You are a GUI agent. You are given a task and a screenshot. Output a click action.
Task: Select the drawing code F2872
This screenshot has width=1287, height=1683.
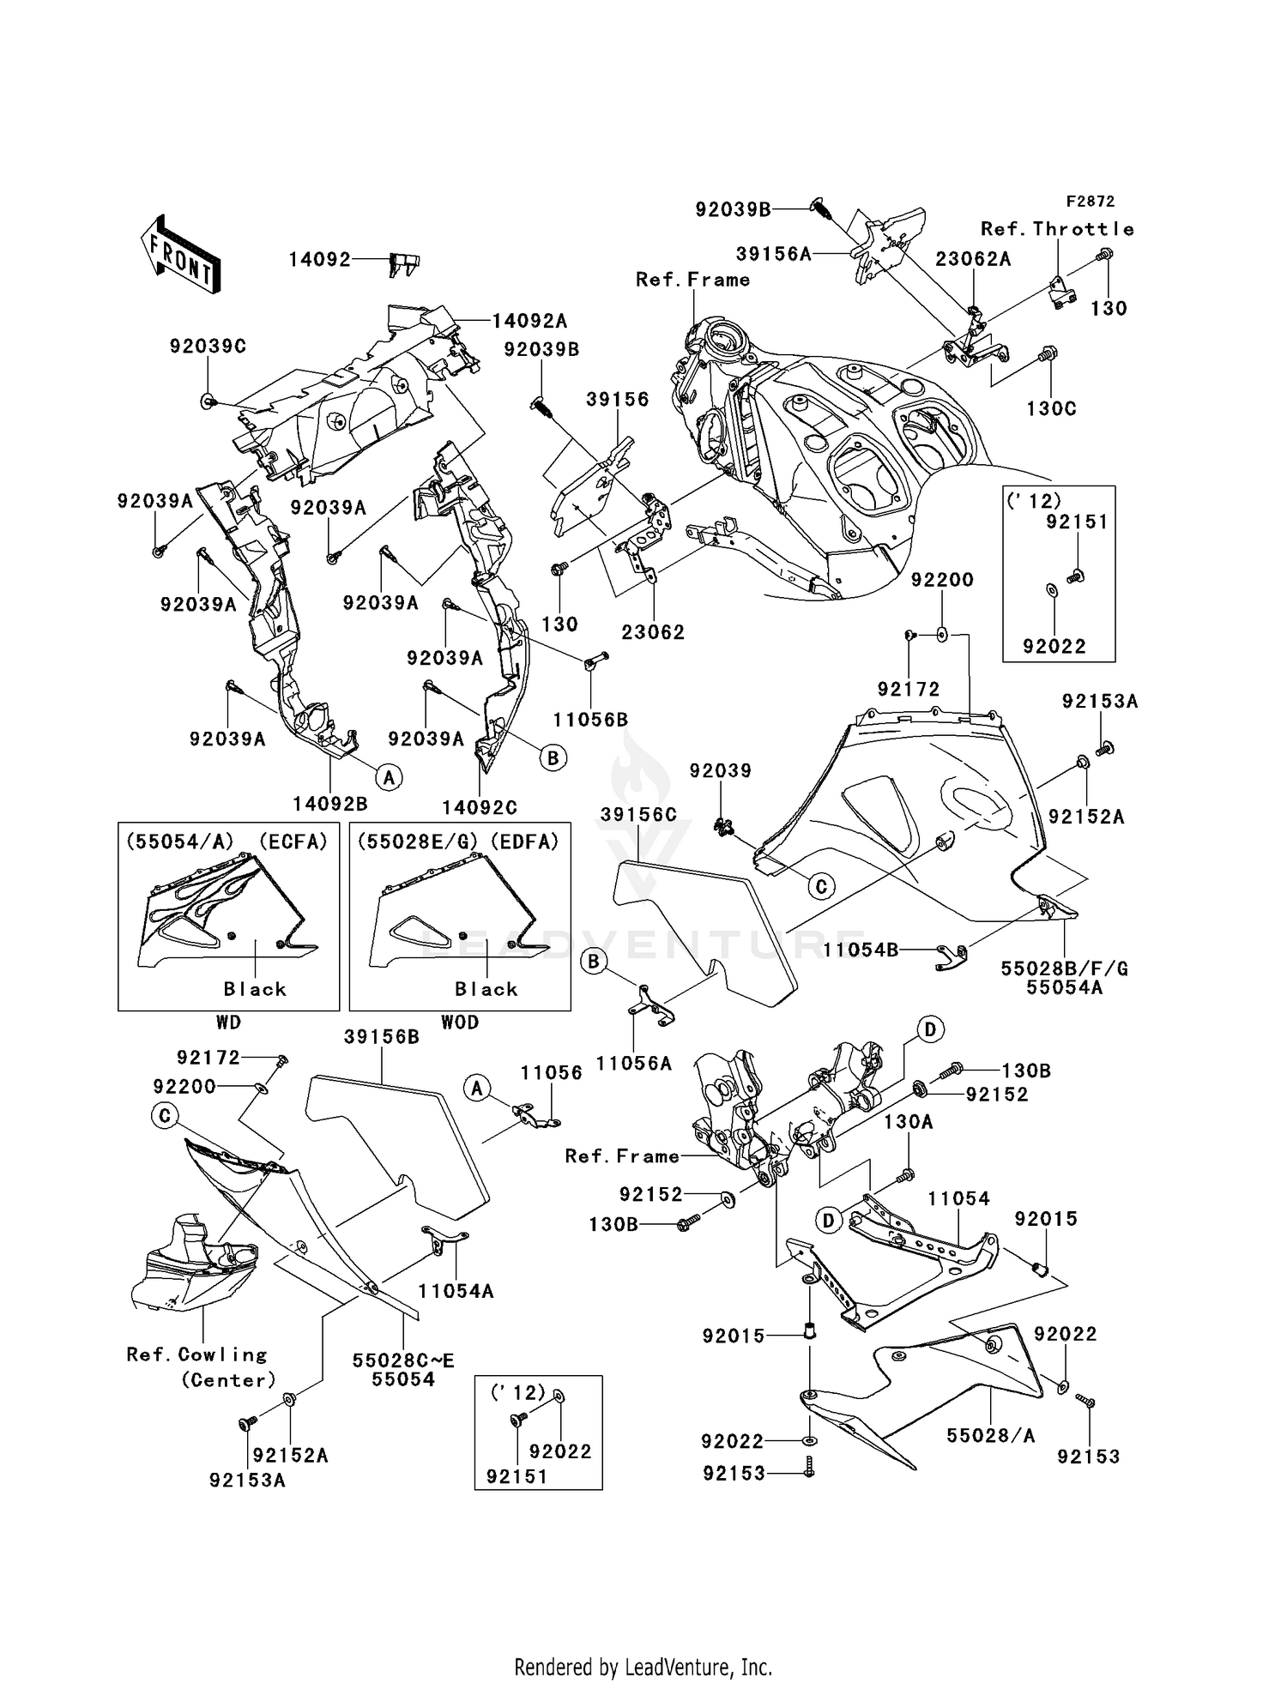pyautogui.click(x=1090, y=202)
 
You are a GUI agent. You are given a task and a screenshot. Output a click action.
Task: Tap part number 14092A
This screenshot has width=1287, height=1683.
pyautogui.click(x=529, y=321)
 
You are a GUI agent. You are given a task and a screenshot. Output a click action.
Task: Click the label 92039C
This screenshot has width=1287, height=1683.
pyautogui.click(x=208, y=347)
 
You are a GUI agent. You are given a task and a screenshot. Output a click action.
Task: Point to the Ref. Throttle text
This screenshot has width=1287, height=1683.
pyautogui.click(x=1057, y=229)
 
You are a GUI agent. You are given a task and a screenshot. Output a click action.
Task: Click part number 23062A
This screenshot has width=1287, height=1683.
pyautogui.click(x=973, y=259)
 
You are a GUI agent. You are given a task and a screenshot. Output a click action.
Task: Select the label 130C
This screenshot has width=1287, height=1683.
pyautogui.click(x=1051, y=409)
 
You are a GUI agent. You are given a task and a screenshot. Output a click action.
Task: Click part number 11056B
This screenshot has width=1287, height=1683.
pyautogui.click(x=590, y=720)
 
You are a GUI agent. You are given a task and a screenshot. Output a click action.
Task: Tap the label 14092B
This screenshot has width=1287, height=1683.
pyautogui.click(x=330, y=804)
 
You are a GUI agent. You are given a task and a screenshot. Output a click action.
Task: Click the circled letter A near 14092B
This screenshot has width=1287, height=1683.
pyautogui.click(x=389, y=778)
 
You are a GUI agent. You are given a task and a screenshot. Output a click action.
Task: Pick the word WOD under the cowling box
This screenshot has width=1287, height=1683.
pyautogui.click(x=460, y=1022)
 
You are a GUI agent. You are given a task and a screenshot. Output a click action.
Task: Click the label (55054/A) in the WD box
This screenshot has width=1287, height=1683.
pyautogui.click(x=179, y=842)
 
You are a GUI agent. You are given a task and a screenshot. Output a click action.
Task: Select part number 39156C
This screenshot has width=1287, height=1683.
pyautogui.click(x=638, y=814)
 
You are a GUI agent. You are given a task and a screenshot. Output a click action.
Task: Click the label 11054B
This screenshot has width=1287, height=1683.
pyautogui.click(x=861, y=950)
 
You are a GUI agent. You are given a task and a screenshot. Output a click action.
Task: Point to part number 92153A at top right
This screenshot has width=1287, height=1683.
pyautogui.click(x=1100, y=701)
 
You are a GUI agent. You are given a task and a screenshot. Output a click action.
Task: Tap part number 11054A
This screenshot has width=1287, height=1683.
pyautogui.click(x=456, y=1291)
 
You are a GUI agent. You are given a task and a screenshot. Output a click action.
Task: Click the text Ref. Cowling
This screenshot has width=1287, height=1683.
pyautogui.click(x=196, y=1354)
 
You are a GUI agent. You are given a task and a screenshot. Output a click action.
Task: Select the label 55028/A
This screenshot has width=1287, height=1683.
pyautogui.click(x=990, y=1435)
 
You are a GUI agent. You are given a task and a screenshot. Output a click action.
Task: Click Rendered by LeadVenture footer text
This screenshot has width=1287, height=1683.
pyautogui.click(x=643, y=1667)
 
